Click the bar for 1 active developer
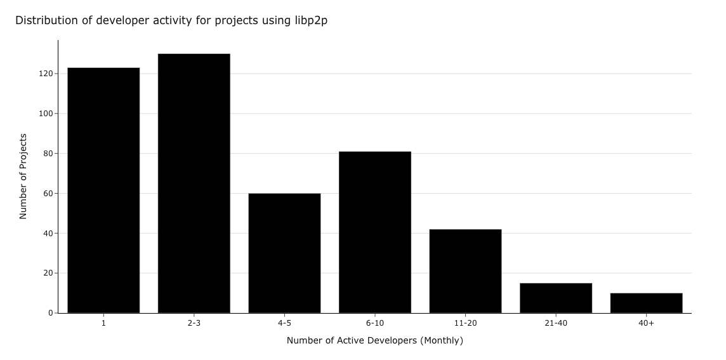click(x=103, y=190)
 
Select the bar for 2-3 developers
click(x=194, y=183)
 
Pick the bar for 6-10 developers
click(x=375, y=232)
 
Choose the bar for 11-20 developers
click(x=465, y=271)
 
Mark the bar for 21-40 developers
click(x=556, y=298)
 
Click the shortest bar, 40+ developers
click(x=646, y=303)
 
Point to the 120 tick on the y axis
click(x=46, y=74)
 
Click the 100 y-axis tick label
click(x=46, y=114)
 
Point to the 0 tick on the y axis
click(x=50, y=313)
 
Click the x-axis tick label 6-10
click(x=375, y=323)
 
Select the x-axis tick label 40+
click(x=646, y=323)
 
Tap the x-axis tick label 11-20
click(x=465, y=323)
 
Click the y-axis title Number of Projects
click(x=23, y=177)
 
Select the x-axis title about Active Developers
click(x=374, y=341)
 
